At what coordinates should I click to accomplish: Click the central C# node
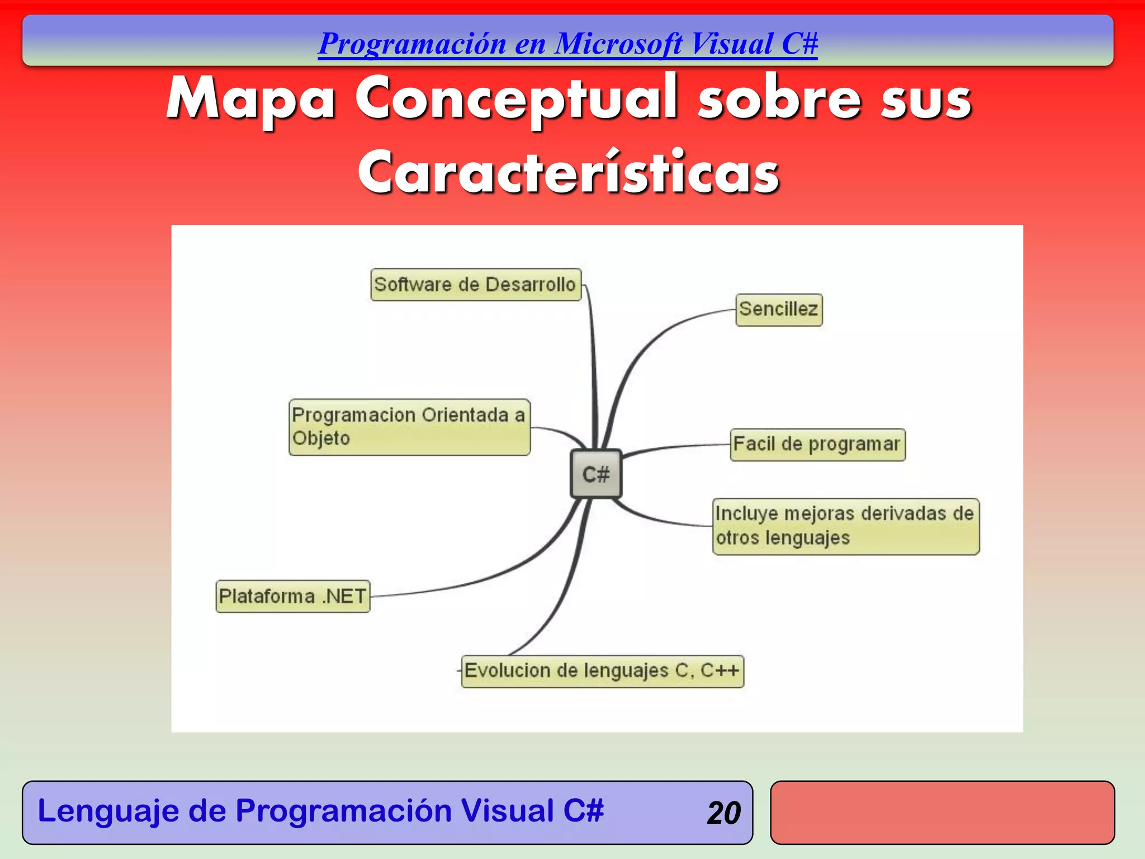pos(595,474)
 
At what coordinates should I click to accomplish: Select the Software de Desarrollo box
pos(476,285)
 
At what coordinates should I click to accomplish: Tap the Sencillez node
pos(779,309)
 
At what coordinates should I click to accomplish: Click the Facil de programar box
pos(817,445)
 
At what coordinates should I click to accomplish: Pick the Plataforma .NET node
pos(293,596)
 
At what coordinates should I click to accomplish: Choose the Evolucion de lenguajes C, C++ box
pos(602,671)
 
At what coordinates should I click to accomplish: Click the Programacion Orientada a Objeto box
pos(409,427)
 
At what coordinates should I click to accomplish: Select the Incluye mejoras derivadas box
pos(845,526)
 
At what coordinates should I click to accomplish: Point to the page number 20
pos(723,813)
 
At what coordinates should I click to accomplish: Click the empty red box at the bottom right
pos(942,813)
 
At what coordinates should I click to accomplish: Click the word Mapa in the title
pos(251,99)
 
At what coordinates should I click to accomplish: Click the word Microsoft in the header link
pos(618,44)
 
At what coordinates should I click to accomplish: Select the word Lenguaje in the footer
pos(107,811)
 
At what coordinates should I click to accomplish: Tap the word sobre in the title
pos(779,99)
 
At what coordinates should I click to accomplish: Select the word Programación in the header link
pos(412,44)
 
